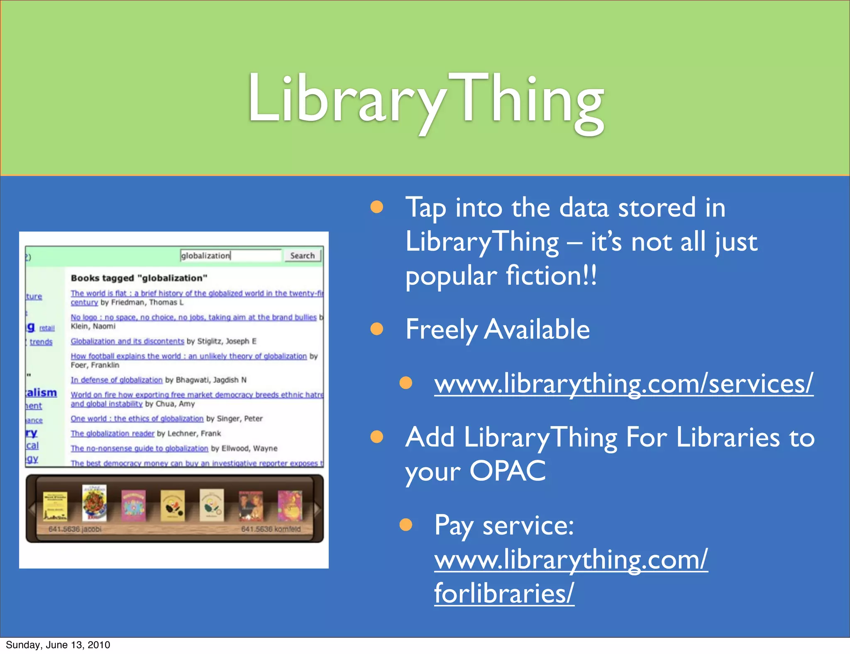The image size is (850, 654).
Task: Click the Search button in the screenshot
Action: click(302, 256)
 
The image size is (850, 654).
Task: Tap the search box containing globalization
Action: click(230, 256)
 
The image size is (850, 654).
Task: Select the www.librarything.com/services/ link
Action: click(623, 383)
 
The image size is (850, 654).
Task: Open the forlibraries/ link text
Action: click(504, 593)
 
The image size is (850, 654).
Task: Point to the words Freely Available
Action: click(497, 329)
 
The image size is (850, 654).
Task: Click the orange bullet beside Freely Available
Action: click(377, 329)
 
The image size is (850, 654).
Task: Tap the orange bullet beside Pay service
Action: click(405, 525)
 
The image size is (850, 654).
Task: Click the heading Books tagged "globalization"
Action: click(139, 278)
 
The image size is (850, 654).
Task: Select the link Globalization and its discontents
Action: click(127, 341)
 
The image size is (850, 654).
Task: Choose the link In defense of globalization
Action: click(117, 380)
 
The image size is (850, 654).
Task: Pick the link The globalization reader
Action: click(112, 433)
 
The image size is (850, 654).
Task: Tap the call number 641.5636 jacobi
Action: click(75, 529)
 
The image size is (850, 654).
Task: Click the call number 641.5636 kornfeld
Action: click(271, 529)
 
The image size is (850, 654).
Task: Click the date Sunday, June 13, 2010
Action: click(58, 645)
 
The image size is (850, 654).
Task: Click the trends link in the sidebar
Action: click(41, 342)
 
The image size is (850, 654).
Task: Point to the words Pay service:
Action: click(504, 525)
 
